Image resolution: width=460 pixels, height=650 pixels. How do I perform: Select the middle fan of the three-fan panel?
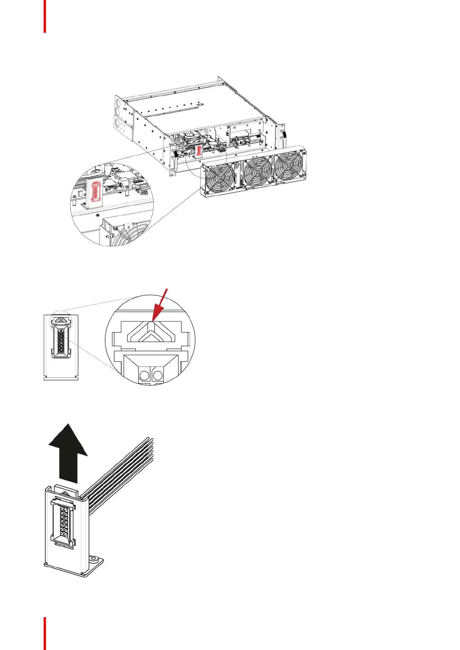pos(258,172)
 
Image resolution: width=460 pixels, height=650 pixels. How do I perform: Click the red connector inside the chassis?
pos(199,151)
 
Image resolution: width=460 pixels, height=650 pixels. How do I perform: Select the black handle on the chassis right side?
pos(285,136)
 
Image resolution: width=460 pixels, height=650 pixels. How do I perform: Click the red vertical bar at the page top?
pos(45,16)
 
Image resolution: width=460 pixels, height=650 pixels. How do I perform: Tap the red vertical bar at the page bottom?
pos(45,633)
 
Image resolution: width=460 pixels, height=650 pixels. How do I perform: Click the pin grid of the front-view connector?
pos(61,340)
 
